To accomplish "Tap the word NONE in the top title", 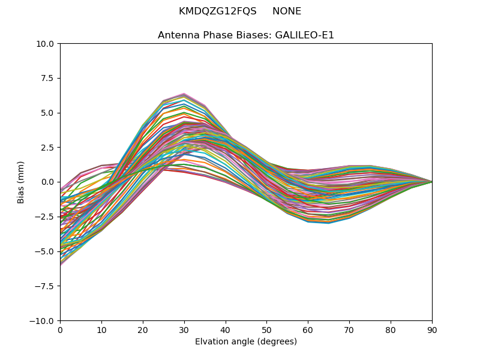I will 287,11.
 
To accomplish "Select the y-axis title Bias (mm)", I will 22,182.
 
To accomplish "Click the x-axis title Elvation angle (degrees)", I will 246,342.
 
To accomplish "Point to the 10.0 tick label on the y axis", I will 47,44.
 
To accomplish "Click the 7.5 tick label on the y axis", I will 49,78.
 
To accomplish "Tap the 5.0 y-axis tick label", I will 49,113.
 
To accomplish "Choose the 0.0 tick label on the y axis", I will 49,182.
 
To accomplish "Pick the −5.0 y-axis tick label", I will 46,251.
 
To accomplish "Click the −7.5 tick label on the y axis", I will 46,286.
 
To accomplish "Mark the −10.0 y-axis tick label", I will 44,321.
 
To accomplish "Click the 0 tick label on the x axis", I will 60,329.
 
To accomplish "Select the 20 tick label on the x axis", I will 143,329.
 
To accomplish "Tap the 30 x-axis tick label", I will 184,329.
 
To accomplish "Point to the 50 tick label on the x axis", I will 266,329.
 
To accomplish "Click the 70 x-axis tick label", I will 349,329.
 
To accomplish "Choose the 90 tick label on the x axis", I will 432,329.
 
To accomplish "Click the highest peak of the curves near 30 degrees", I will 184,94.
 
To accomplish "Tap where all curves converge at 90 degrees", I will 432,182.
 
